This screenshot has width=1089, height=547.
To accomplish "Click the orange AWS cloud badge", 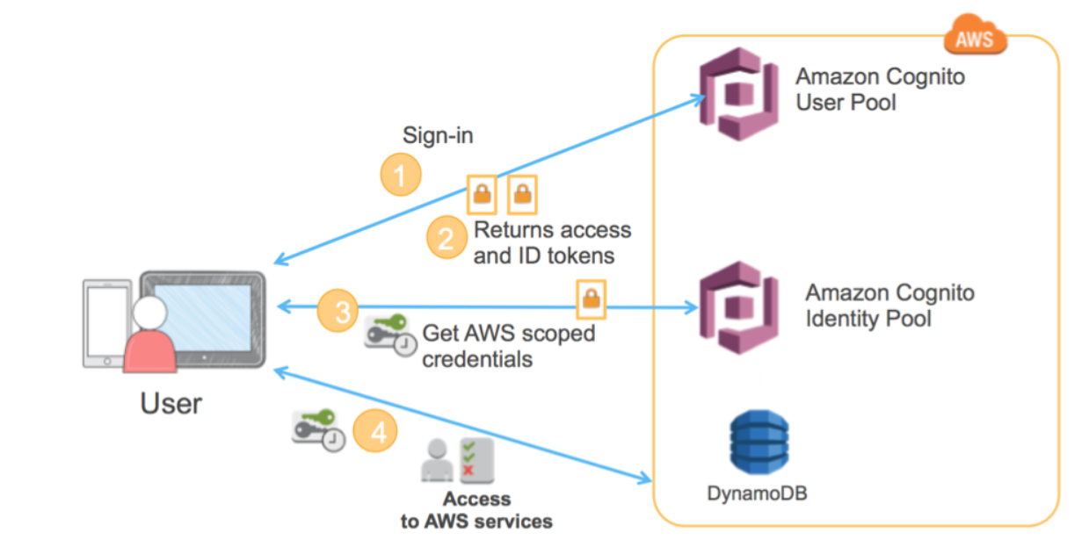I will click(x=975, y=37).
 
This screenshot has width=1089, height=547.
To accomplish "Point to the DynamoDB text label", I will click(x=757, y=493).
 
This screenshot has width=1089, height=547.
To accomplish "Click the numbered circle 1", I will click(x=401, y=176).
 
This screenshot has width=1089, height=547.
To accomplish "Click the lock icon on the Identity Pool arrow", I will click(x=591, y=299).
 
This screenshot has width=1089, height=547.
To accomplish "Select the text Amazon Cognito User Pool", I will click(x=868, y=90).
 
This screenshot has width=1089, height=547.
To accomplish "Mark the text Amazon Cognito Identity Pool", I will click(x=889, y=306).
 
